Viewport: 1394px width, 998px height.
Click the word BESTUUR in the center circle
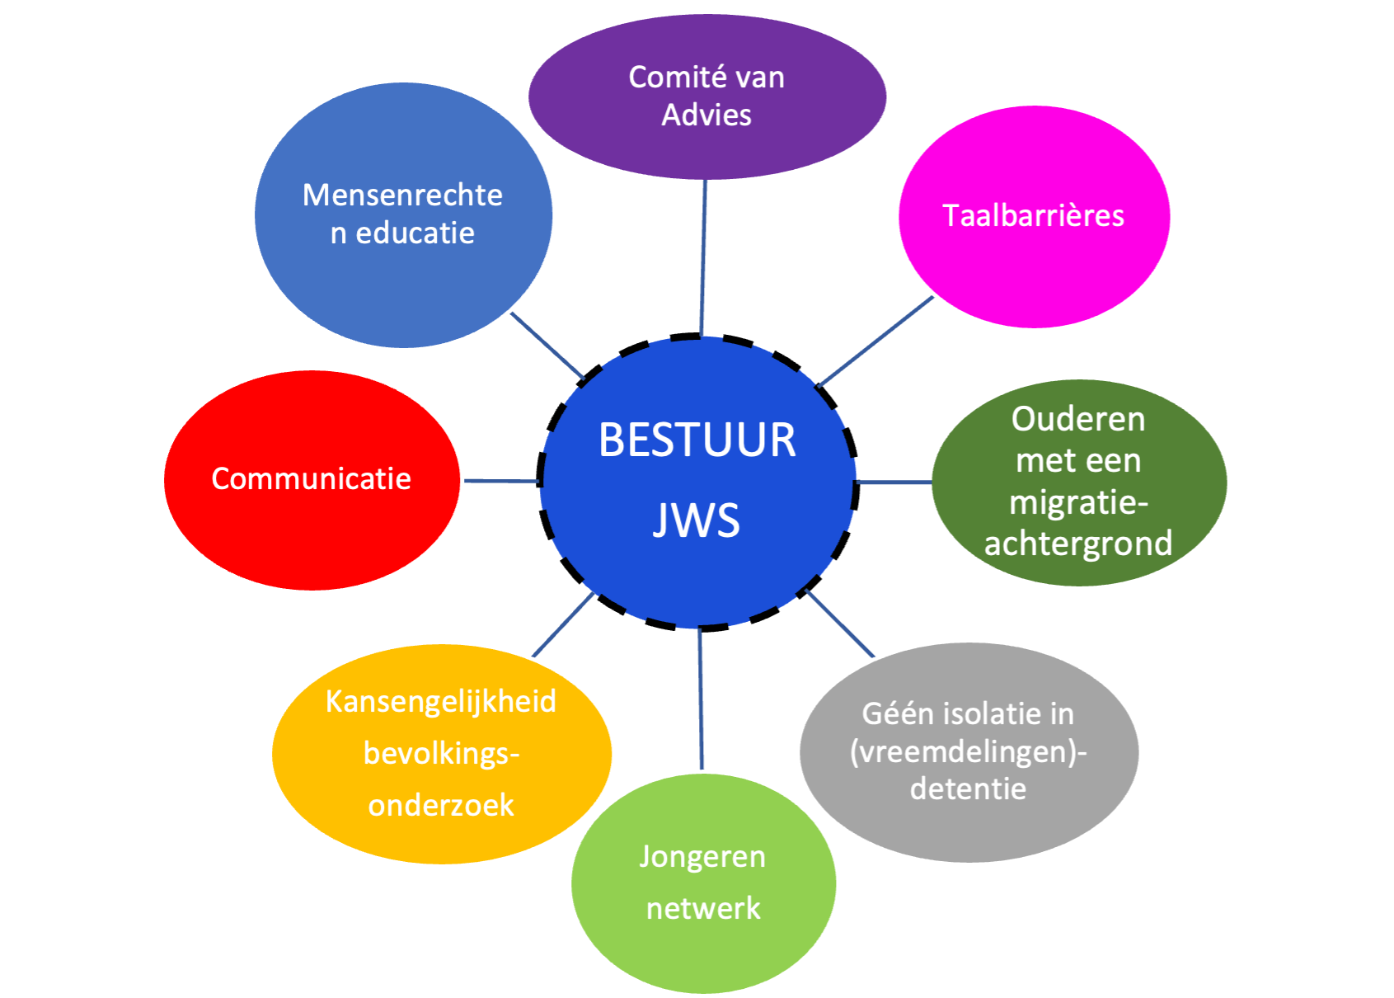(x=697, y=440)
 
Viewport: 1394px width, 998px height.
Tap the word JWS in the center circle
(x=697, y=520)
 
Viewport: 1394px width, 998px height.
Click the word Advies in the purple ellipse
(x=706, y=115)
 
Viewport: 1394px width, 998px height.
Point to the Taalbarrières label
(x=1033, y=215)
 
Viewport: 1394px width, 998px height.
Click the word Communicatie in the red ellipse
(x=311, y=478)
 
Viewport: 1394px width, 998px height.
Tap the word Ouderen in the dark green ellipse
(x=1078, y=419)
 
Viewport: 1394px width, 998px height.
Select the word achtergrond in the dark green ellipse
(x=1078, y=544)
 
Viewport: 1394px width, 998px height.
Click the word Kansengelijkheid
(x=441, y=701)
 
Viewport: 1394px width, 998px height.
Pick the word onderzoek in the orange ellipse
(x=441, y=805)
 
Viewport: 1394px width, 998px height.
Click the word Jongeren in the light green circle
(x=702, y=856)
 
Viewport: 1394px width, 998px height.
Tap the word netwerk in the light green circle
(x=703, y=908)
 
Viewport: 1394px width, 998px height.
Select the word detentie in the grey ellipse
(x=968, y=789)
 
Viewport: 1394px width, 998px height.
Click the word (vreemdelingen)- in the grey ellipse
(x=968, y=751)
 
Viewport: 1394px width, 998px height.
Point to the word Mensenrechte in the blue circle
(x=402, y=195)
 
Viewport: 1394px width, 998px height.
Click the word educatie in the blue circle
(x=415, y=233)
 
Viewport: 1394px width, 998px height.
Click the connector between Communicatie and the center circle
(x=501, y=480)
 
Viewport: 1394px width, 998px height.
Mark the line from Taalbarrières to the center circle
(x=875, y=341)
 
